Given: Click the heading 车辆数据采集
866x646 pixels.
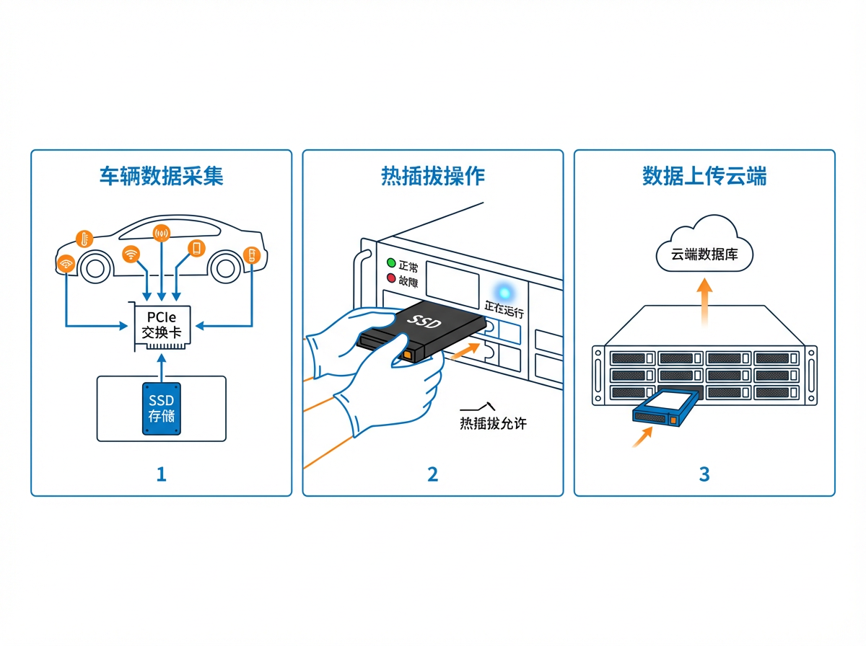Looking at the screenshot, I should (161, 176).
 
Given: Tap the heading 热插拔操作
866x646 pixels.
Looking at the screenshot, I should (432, 176).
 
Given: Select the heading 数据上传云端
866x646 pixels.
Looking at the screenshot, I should (704, 176).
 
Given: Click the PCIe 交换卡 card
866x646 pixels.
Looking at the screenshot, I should (162, 325).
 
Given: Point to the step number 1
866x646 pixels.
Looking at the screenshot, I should (161, 474).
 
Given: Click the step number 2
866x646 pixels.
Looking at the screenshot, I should (432, 474).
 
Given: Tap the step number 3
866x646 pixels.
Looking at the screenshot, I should (704, 474).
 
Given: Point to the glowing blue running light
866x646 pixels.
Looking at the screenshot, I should (504, 292).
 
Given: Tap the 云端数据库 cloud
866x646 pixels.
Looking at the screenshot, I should (704, 249).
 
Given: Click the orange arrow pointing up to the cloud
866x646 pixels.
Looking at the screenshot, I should (705, 295).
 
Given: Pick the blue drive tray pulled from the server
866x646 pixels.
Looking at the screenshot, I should (665, 409).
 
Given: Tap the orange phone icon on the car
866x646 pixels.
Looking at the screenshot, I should (196, 248).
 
